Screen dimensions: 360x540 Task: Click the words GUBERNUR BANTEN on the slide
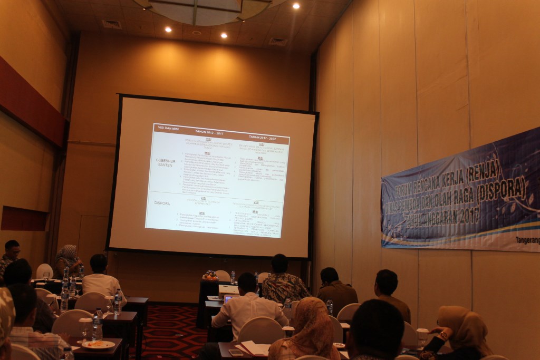pos(165,162)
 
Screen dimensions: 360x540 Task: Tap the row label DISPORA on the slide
pos(162,202)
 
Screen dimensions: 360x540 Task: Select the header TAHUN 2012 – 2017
pos(209,132)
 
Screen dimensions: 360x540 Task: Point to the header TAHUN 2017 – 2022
pos(262,137)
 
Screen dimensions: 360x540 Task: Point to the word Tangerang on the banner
pos(527,240)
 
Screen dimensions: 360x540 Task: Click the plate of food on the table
pos(98,344)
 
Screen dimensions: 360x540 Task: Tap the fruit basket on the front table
pos(210,275)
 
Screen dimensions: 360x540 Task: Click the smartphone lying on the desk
pos(236,352)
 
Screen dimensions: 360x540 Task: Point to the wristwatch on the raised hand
pos(443,335)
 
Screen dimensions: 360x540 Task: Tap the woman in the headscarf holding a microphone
pos(67,260)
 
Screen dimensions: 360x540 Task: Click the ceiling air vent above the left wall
pos(111,24)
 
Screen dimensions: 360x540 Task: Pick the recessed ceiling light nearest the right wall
pos(296,6)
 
